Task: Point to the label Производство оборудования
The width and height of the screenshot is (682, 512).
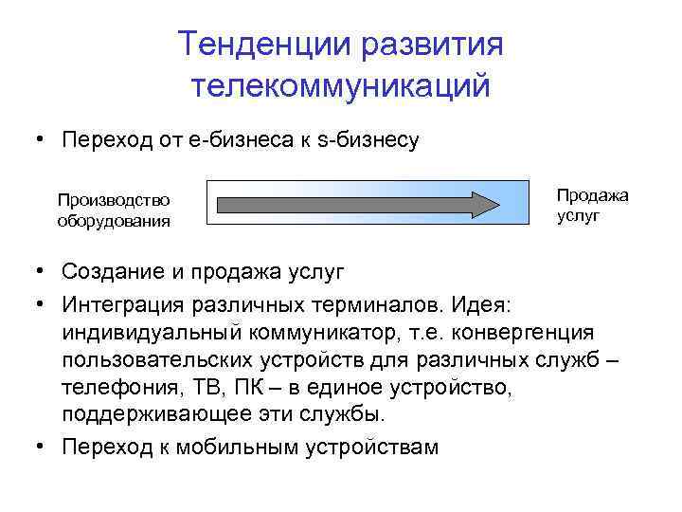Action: [x=114, y=210]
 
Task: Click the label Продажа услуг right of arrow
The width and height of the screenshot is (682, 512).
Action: [x=592, y=205]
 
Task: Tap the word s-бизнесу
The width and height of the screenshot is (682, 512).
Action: [x=367, y=140]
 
